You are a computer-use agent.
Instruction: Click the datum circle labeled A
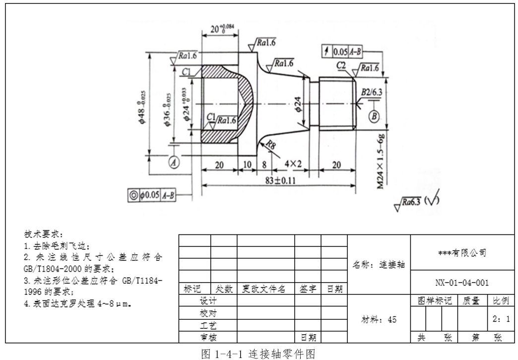[x=174, y=161]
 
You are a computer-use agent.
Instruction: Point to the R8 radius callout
[x=270, y=145]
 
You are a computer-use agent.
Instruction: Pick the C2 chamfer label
[x=341, y=66]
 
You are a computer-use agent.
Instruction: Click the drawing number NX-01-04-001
[x=462, y=283]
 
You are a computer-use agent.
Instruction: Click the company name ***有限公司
[x=462, y=253]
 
